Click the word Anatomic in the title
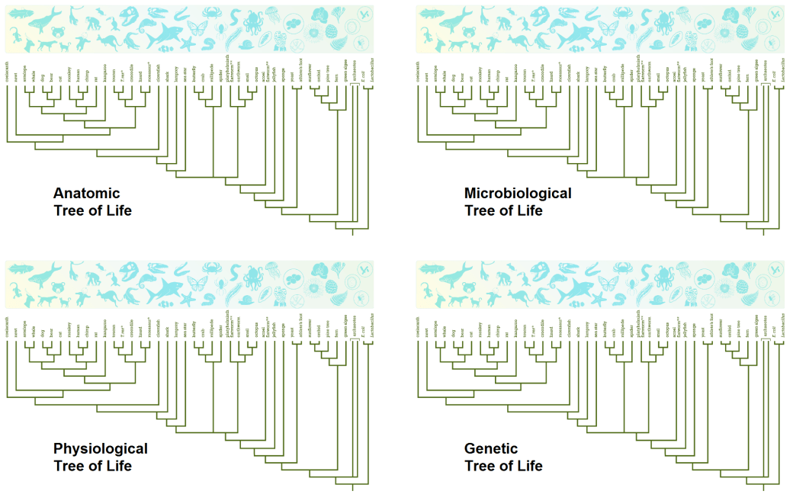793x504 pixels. pyautogui.click(x=86, y=193)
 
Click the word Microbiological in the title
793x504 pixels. pyautogui.click(x=518, y=193)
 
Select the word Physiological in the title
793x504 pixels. pyautogui.click(x=100, y=448)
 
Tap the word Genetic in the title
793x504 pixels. pyautogui.click(x=490, y=448)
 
